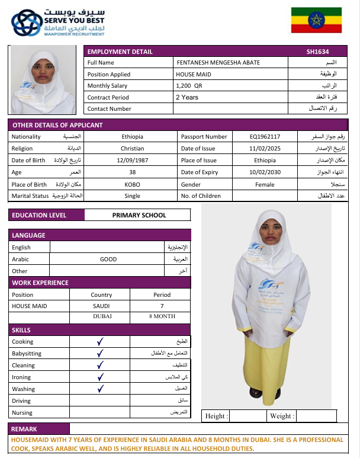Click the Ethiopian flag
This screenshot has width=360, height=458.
point(316,20)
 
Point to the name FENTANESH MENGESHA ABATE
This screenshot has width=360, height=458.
point(218,63)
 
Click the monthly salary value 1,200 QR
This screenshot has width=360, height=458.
point(189,86)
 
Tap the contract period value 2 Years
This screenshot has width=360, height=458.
point(187,97)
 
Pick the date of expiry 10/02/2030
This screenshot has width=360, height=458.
point(265,172)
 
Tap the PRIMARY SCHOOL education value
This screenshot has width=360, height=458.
point(139,216)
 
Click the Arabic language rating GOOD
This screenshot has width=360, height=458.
point(108,260)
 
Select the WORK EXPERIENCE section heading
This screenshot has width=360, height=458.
point(40,283)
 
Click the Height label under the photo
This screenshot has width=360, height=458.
point(216,417)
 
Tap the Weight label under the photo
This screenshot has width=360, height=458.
point(281,417)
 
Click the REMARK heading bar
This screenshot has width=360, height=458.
point(24,429)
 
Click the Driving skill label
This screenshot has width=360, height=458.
point(22,401)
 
